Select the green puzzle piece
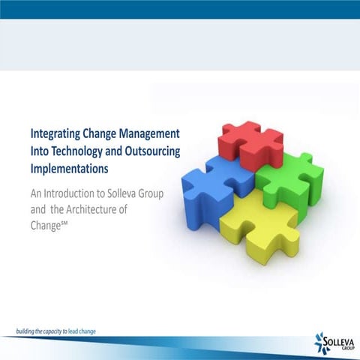(x=292, y=180)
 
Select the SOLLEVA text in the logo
(x=340, y=340)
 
